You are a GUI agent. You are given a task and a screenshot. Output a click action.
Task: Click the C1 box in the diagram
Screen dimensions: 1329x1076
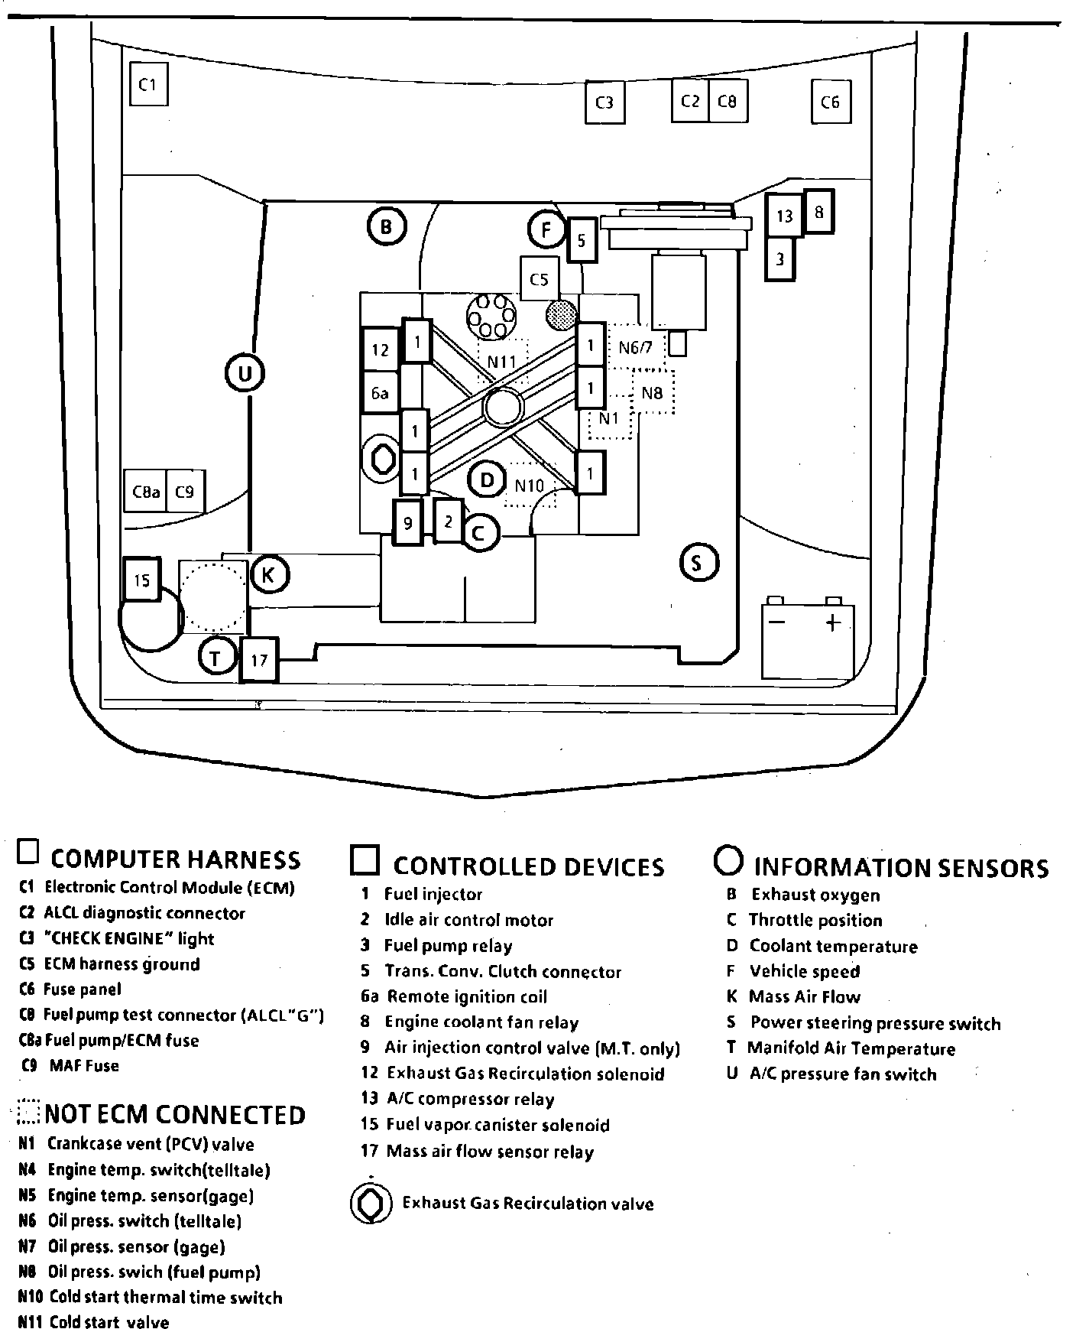pyautogui.click(x=148, y=85)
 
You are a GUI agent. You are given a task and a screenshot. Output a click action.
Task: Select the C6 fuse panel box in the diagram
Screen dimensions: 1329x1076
pyautogui.click(x=830, y=102)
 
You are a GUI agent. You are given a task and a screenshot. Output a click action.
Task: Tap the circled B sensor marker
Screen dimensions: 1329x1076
pyautogui.click(x=386, y=226)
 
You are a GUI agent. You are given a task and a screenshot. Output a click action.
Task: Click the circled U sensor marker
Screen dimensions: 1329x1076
pyautogui.click(x=245, y=374)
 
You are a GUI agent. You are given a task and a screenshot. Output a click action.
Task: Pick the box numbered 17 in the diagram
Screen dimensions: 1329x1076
pyautogui.click(x=259, y=659)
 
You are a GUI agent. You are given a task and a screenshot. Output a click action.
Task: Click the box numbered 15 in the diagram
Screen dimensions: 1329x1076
pyautogui.click(x=141, y=580)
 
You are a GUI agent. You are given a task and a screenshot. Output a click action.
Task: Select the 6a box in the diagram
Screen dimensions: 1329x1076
pyautogui.click(x=380, y=393)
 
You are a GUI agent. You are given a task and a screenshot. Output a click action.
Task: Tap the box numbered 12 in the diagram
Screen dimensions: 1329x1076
pyautogui.click(x=381, y=350)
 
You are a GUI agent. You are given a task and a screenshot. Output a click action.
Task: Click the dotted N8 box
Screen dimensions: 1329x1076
pyautogui.click(x=653, y=393)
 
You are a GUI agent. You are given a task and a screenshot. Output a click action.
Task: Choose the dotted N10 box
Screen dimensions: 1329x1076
pyautogui.click(x=530, y=486)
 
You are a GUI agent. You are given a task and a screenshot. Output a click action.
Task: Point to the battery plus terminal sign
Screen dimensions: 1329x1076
pyautogui.click(x=833, y=622)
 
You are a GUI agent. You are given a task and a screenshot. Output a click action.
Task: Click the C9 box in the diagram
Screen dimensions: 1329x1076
pyautogui.click(x=185, y=492)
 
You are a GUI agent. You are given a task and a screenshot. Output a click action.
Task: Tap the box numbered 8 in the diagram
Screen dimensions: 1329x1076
pyautogui.click(x=818, y=211)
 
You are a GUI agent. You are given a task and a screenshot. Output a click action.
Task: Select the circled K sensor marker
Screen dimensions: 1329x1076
pyautogui.click(x=268, y=575)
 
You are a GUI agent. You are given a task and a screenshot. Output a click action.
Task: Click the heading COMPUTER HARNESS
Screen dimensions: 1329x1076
pyautogui.click(x=175, y=859)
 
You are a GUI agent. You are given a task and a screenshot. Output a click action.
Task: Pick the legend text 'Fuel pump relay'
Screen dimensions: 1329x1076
pyautogui.click(x=448, y=946)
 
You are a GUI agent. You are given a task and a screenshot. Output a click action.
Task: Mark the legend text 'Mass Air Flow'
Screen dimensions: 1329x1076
pyautogui.click(x=804, y=997)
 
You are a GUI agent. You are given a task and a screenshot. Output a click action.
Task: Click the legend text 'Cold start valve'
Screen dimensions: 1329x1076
pyautogui.click(x=109, y=1322)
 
